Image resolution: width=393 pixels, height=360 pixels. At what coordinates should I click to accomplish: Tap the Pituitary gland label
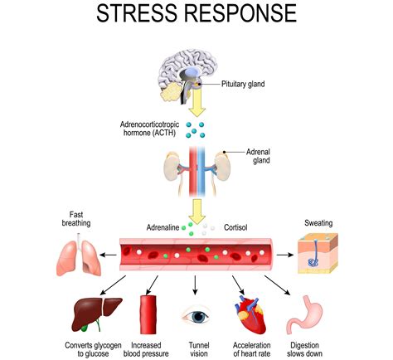[x=246, y=85]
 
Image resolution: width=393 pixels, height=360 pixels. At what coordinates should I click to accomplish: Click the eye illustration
[x=195, y=317]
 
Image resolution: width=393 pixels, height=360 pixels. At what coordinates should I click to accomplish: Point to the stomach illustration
[x=304, y=314]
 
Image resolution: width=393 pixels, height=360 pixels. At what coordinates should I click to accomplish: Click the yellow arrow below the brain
[x=196, y=103]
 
